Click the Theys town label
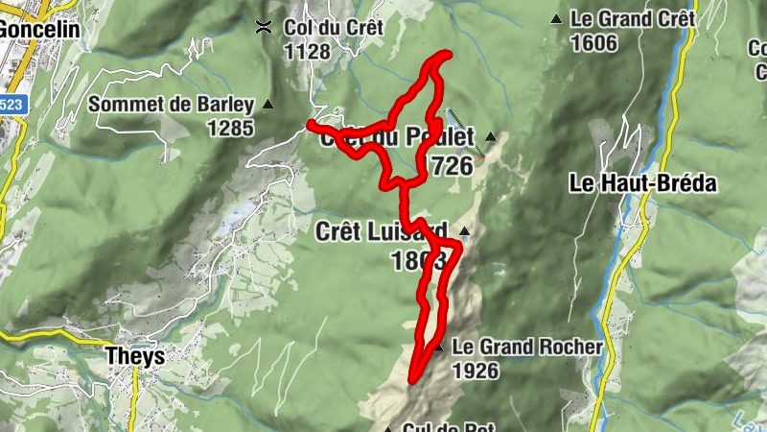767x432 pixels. (133, 357)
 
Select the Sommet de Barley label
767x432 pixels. (171, 105)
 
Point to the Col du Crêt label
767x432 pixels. (333, 28)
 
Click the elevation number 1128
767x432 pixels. (307, 52)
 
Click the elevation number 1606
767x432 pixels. (593, 43)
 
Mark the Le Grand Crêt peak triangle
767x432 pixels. (556, 18)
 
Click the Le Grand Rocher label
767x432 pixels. (527, 347)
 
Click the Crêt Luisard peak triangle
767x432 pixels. (464, 231)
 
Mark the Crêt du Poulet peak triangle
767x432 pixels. (491, 137)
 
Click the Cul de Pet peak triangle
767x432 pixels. (388, 428)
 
